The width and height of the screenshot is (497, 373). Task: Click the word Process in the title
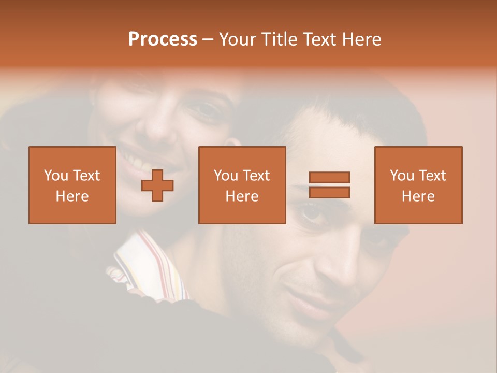[x=163, y=39]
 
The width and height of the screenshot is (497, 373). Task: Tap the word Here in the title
[x=360, y=39]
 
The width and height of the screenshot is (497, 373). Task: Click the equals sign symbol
[x=329, y=185]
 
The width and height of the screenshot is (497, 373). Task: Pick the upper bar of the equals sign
[x=329, y=177]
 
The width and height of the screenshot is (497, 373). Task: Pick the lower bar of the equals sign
[x=329, y=193]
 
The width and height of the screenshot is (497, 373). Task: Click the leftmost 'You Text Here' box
[x=72, y=185]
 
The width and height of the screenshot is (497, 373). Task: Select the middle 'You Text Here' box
[x=242, y=185]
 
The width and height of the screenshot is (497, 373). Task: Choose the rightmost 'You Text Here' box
[x=418, y=185]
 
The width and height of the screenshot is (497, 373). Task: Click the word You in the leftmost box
[x=56, y=176]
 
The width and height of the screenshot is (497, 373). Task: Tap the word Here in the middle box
[x=242, y=196]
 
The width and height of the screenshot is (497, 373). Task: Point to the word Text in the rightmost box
[x=432, y=176]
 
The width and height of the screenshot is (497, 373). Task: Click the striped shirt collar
[x=150, y=264]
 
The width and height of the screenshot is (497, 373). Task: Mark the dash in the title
[x=208, y=39]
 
